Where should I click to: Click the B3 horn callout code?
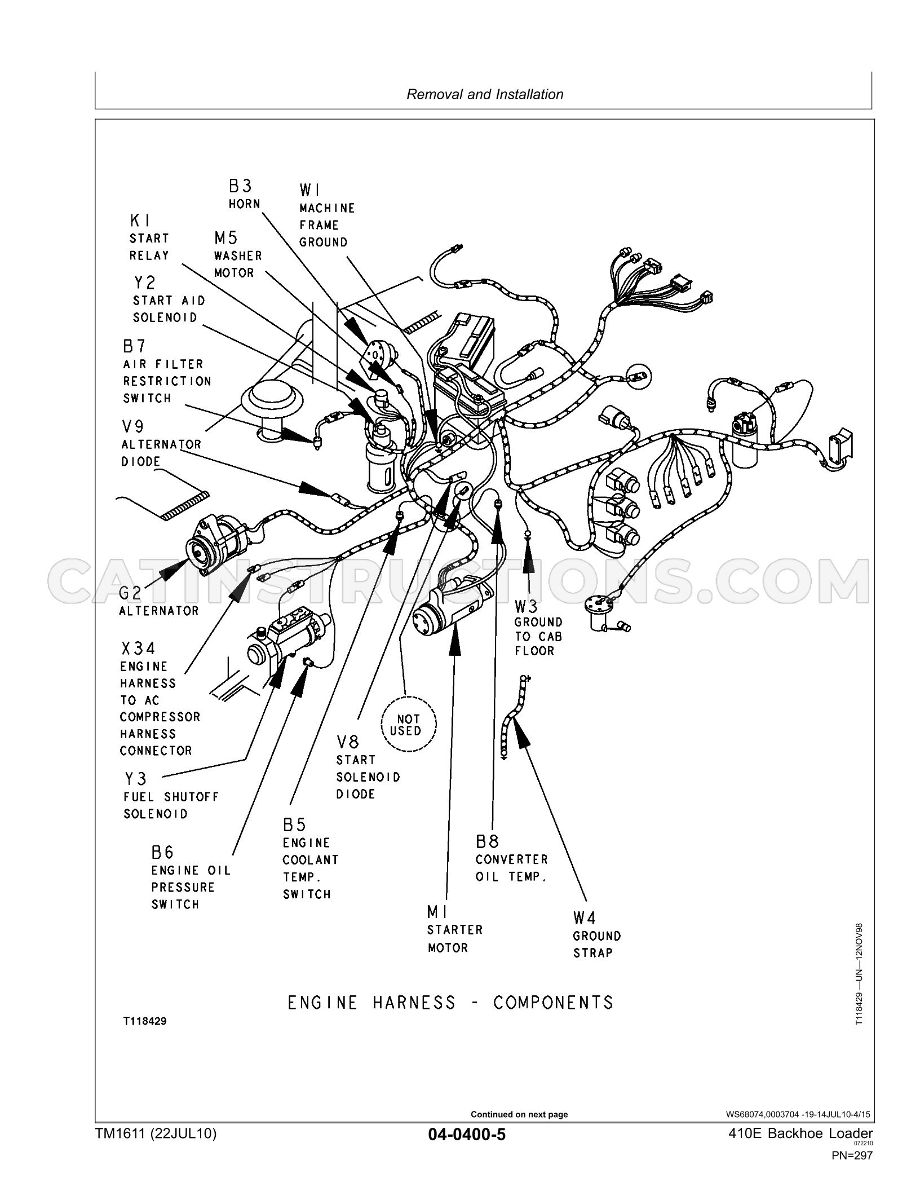[240, 186]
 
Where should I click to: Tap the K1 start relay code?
[140, 220]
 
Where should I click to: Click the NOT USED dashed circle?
[409, 725]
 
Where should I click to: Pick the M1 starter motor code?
[437, 912]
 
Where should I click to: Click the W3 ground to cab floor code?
[527, 606]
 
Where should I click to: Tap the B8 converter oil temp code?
[488, 842]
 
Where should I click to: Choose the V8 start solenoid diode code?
[348, 742]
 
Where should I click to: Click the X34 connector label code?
[138, 649]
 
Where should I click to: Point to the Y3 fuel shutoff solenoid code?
[135, 779]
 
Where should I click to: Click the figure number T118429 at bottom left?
[145, 1021]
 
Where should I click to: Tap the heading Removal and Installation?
[485, 94]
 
